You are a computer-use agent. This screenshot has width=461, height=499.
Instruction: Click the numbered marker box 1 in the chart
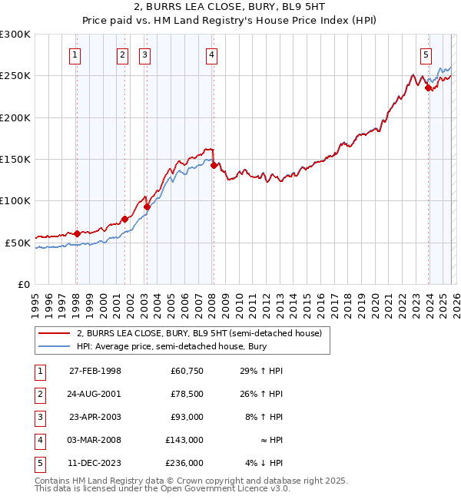75,55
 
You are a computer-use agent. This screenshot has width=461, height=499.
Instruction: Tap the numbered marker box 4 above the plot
211,55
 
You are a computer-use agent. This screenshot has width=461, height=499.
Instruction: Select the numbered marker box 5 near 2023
426,55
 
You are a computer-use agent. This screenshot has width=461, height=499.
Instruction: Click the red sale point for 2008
214,164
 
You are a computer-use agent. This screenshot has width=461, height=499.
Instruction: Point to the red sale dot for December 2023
428,88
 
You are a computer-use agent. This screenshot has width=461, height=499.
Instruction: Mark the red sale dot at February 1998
77,233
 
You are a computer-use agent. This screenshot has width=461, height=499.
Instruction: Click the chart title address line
230,9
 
